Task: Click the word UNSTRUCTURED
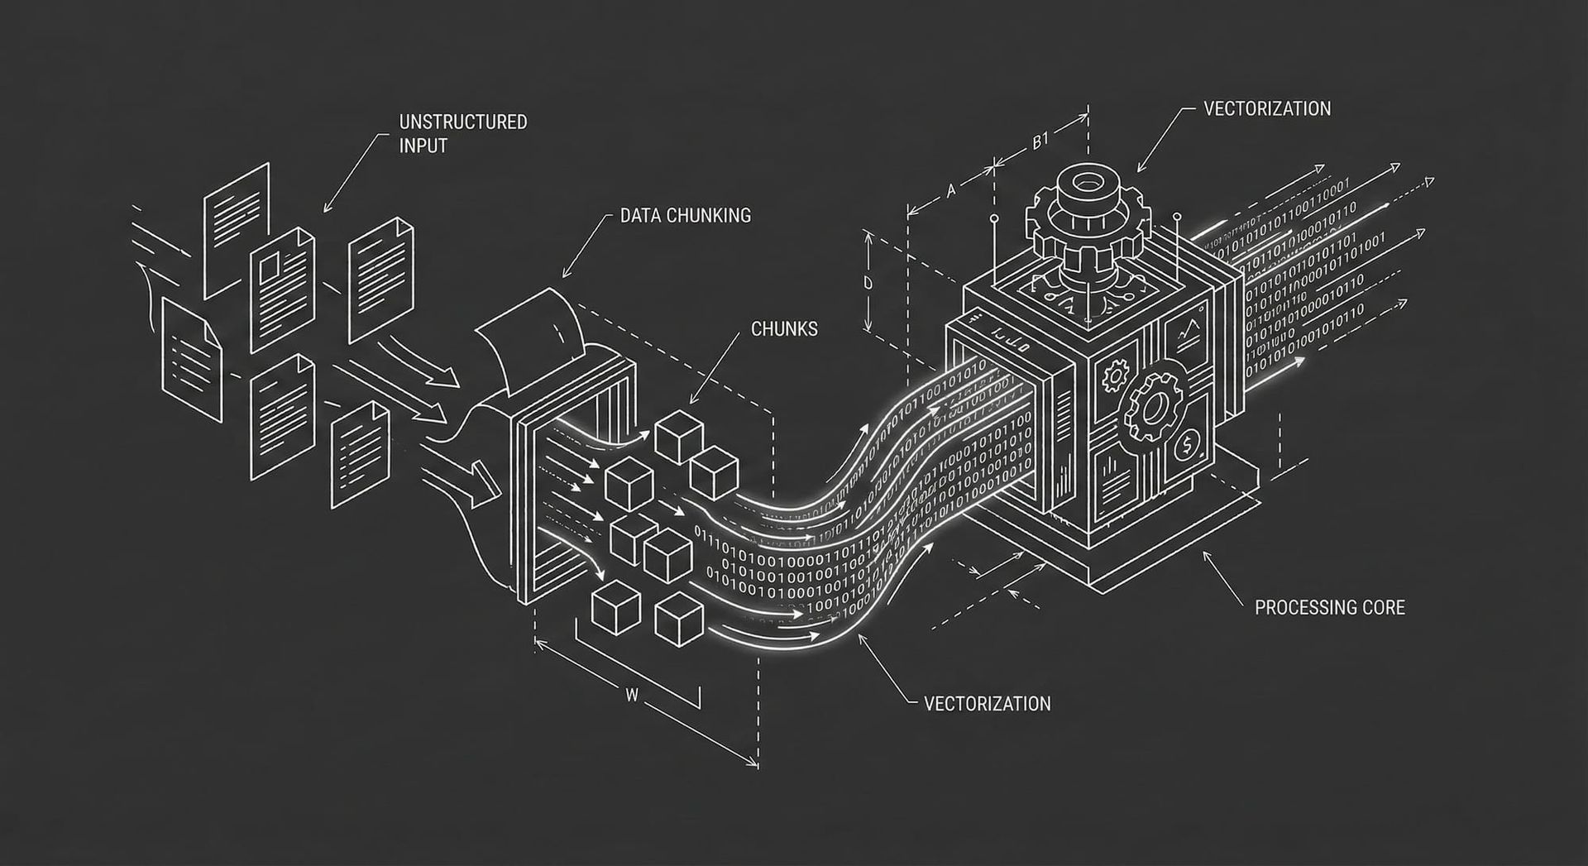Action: pos(462,122)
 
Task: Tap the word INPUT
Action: pos(423,146)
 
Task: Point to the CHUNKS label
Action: pos(784,329)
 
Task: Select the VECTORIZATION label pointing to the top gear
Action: pos(1267,109)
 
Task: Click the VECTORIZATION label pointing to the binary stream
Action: pos(987,704)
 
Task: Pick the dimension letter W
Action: pos(632,696)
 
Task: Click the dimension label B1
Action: pos(1040,141)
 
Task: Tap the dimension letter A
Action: pos(951,191)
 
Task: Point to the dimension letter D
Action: pos(868,283)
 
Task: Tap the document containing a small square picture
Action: pos(282,285)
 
